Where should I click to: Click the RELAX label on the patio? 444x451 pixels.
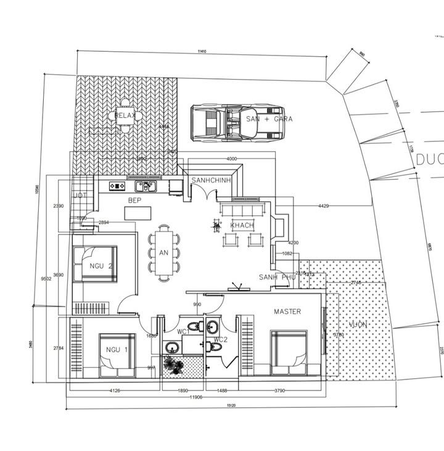coord(125,115)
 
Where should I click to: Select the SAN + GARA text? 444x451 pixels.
coord(269,118)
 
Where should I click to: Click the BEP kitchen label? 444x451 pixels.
coord(135,201)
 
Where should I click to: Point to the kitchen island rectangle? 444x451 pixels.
coord(138,213)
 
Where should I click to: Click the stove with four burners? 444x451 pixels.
coord(117,186)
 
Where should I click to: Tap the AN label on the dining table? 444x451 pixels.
coord(163,253)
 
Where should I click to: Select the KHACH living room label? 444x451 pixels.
coord(242,226)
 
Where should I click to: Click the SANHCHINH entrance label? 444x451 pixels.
coord(211,180)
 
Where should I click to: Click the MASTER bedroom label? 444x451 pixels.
coord(287,312)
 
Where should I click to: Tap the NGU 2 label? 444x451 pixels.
coord(101,267)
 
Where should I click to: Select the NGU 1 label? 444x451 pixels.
coord(117,349)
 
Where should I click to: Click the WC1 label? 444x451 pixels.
coord(184,332)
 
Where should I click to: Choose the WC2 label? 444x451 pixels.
coord(221,339)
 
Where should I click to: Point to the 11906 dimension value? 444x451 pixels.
coord(195,397)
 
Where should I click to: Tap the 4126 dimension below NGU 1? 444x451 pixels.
coord(115,390)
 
